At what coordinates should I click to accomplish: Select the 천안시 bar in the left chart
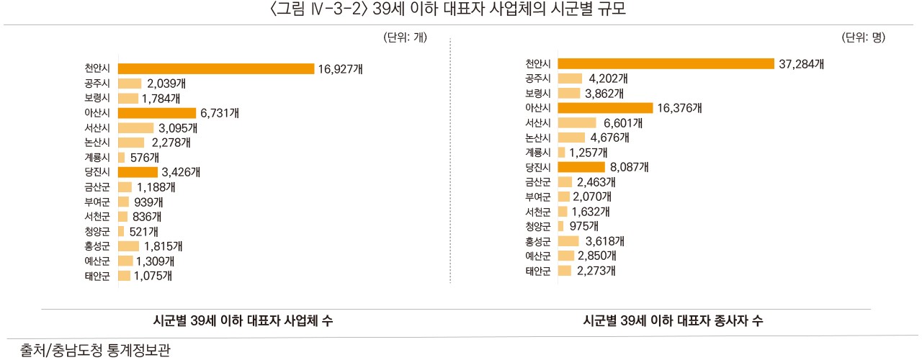tap(216, 69)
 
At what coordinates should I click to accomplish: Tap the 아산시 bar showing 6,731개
tap(157, 113)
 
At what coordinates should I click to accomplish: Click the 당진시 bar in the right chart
tap(581, 167)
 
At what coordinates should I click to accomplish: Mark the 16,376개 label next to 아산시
tap(679, 108)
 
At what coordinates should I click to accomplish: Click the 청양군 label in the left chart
tap(97, 231)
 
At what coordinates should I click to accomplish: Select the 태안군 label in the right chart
tap(538, 271)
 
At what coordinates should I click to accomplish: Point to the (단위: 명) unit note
tap(863, 38)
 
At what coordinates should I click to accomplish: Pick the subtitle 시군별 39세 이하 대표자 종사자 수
tap(673, 322)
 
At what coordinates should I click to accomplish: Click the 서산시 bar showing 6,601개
tap(577, 123)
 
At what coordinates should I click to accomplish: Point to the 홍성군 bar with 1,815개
tap(128, 246)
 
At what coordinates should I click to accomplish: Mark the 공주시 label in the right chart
tap(538, 78)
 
